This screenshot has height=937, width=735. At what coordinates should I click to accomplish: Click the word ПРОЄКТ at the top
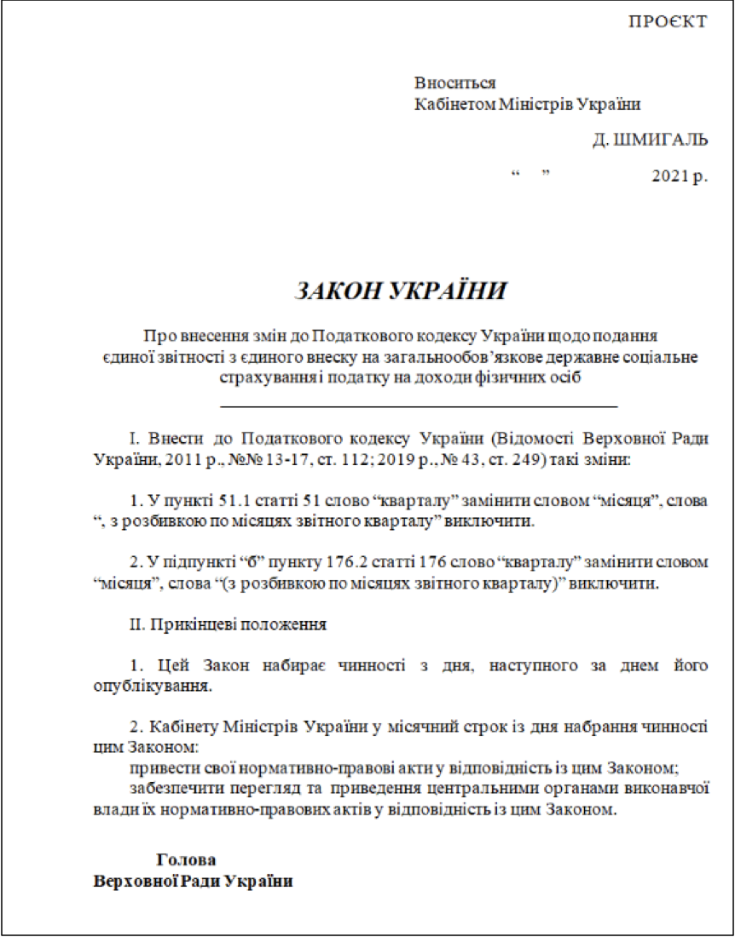[x=668, y=21]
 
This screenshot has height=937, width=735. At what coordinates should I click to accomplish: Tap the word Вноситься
[x=454, y=83]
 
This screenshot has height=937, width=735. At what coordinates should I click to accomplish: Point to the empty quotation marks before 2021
[x=532, y=175]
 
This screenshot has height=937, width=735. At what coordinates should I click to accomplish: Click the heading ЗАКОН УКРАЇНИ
[x=400, y=290]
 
